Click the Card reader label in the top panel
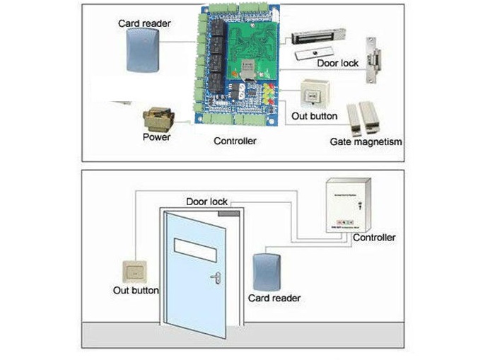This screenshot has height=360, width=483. tap(146, 23)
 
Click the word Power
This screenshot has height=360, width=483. tap(156, 137)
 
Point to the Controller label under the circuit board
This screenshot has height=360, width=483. tap(235, 141)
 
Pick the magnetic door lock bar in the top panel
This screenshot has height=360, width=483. tap(321, 36)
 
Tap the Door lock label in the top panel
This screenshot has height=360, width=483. tap(337, 63)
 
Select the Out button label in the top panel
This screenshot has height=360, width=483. tap(313, 116)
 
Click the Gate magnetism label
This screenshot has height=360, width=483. tap(366, 141)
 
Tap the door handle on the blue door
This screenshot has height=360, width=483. tap(215, 277)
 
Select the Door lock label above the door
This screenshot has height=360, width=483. tap(206, 202)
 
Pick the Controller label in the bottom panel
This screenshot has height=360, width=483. tap(374, 238)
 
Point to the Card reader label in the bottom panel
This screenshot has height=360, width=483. tap(274, 298)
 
